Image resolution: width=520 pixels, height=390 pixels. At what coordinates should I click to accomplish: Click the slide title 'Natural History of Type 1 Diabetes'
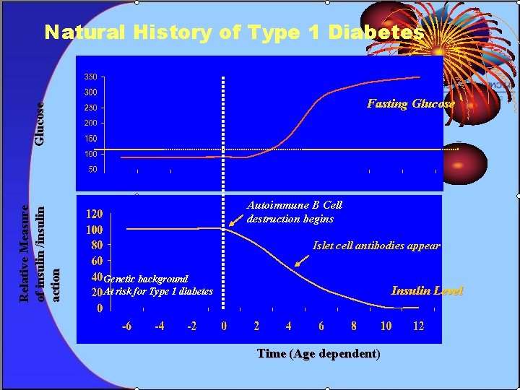tap(234, 32)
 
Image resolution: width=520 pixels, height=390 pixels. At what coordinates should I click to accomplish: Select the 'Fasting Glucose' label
tap(410, 103)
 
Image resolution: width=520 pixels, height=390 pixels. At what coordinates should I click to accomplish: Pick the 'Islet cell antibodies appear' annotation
tap(376, 246)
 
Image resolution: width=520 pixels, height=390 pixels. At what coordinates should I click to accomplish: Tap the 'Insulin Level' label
tap(426, 291)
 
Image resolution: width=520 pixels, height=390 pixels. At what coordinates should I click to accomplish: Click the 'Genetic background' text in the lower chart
tap(146, 279)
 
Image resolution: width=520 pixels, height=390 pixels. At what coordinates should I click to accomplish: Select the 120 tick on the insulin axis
tap(94, 214)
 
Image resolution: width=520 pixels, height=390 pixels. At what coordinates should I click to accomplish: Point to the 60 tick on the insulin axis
tap(95, 261)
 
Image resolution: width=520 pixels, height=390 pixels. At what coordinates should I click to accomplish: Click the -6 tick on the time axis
tap(126, 326)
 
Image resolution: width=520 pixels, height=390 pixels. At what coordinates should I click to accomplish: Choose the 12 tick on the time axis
tap(418, 326)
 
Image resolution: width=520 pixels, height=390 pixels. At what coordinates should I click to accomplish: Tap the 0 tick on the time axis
tap(224, 326)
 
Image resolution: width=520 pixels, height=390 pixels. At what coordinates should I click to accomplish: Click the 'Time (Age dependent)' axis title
tap(318, 354)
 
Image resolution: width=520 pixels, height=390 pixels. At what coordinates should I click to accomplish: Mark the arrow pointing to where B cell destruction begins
tap(236, 220)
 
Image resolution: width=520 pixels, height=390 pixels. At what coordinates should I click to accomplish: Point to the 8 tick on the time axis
tap(353, 326)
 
